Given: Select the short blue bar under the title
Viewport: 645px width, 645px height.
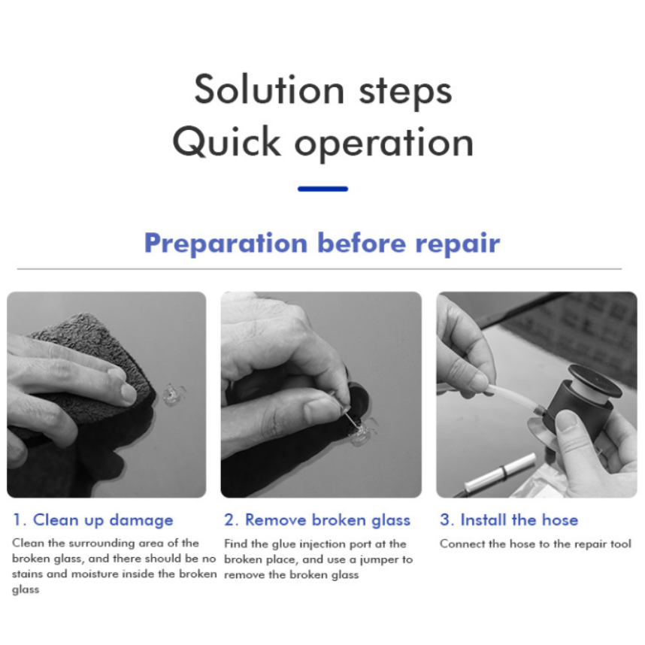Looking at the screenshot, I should [322, 189].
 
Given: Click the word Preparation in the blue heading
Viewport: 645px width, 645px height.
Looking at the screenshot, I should [226, 244].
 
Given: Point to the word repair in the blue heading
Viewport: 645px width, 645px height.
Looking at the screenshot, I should [457, 244].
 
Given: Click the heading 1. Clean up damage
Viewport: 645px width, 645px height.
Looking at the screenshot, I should [93, 520].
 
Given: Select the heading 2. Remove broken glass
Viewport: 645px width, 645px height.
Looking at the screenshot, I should [317, 520].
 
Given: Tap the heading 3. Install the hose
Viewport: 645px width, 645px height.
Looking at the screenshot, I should [508, 520].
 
